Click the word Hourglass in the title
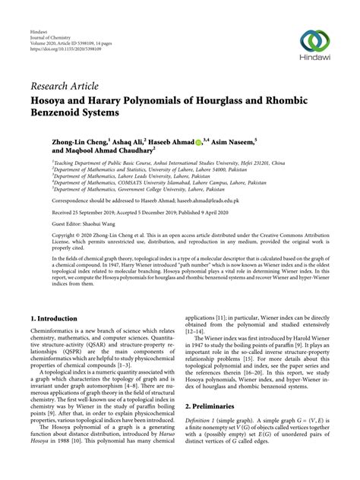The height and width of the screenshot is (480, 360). click(227, 98)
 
